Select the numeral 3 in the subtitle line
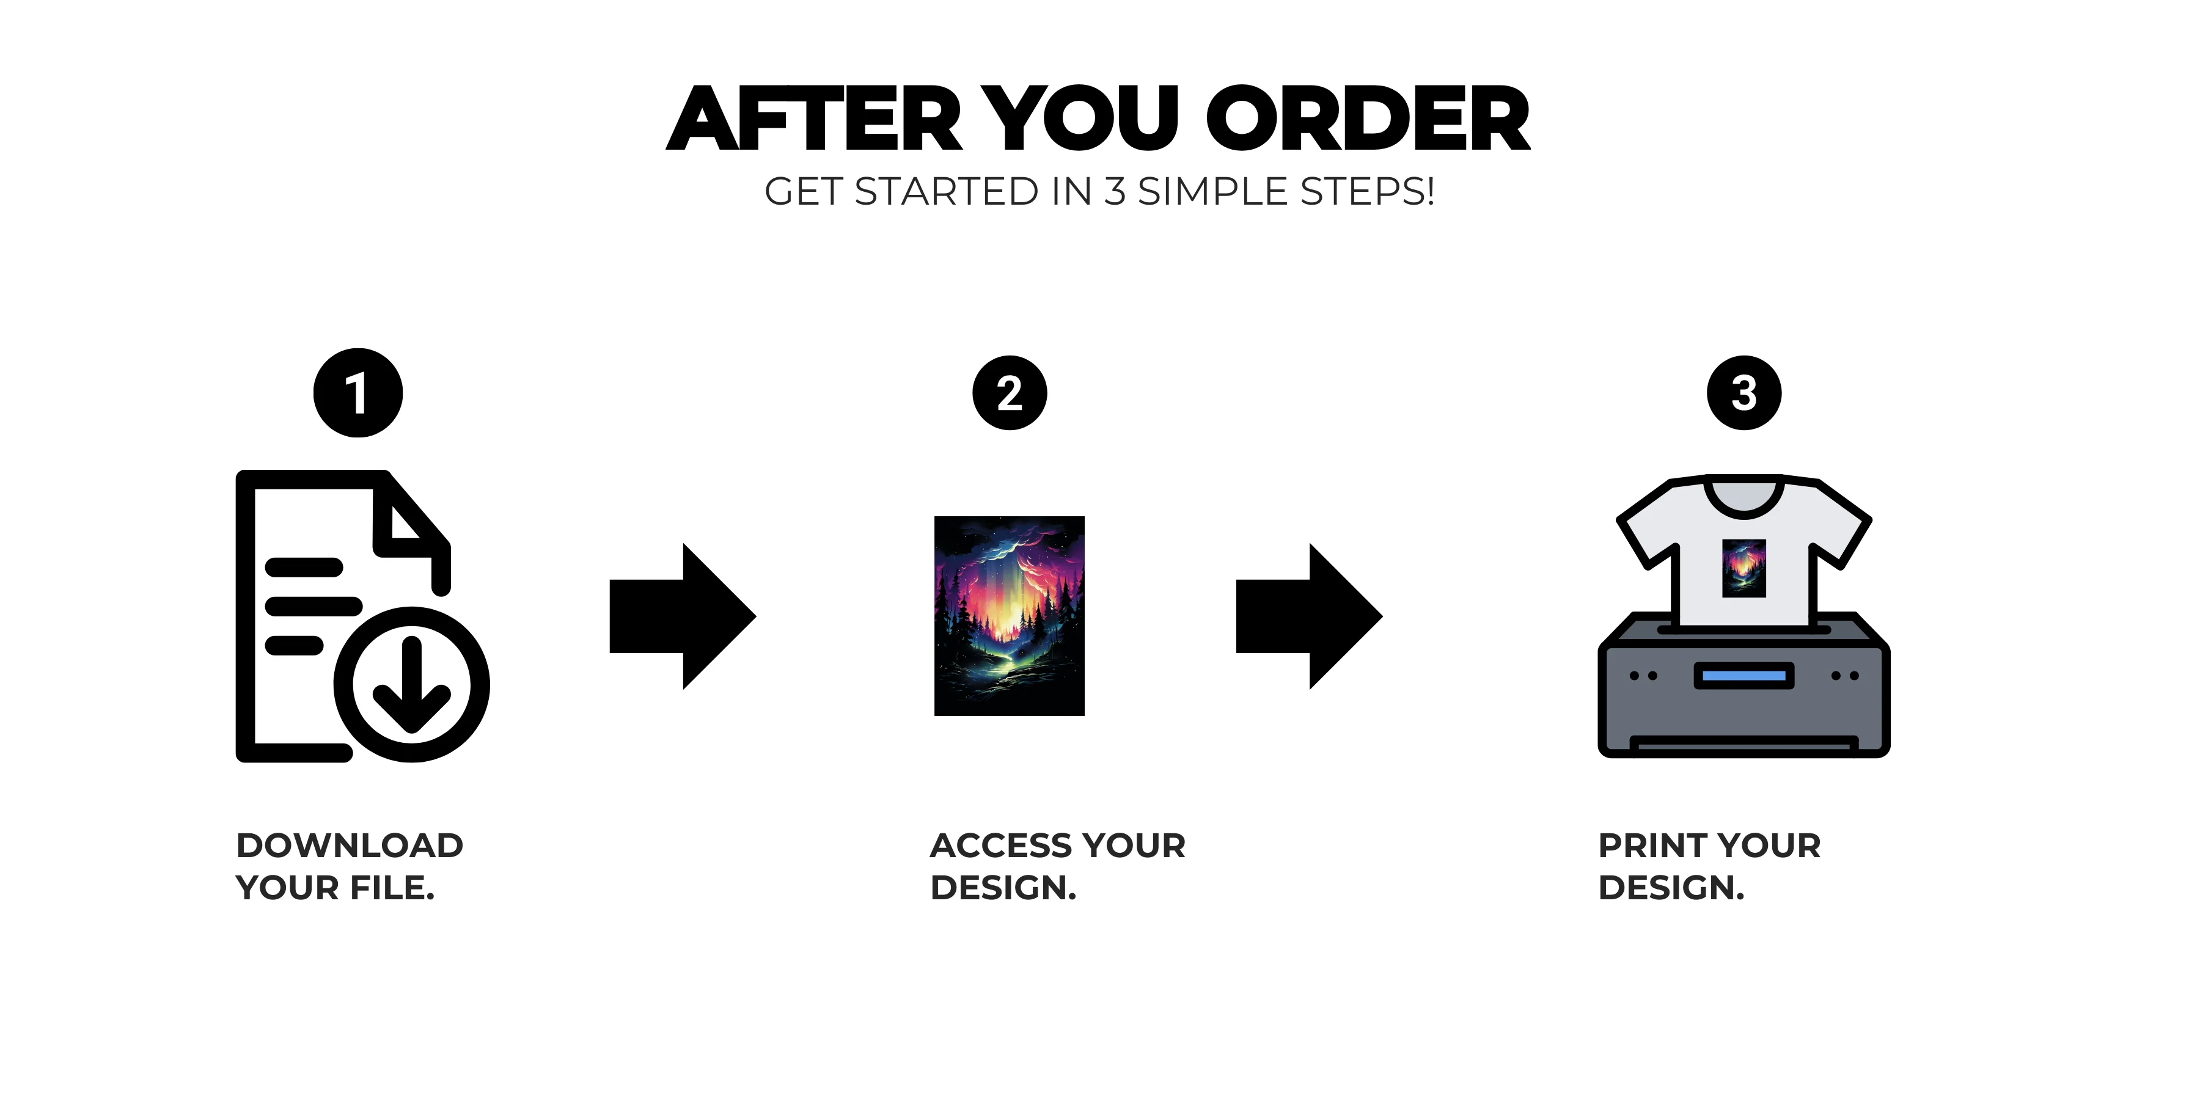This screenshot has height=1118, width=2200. pyautogui.click(x=1115, y=191)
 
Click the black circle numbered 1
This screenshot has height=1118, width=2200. pyautogui.click(x=358, y=393)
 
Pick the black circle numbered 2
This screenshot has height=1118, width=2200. pyautogui.click(x=1010, y=393)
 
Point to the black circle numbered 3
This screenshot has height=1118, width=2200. pyautogui.click(x=1744, y=393)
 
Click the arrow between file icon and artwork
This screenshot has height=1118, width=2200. pyautogui.click(x=683, y=616)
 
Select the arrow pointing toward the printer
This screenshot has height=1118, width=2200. pyautogui.click(x=1309, y=616)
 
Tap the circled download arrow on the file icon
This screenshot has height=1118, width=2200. pyautogui.click(x=412, y=684)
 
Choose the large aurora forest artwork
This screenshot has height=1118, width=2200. pyautogui.click(x=1010, y=616)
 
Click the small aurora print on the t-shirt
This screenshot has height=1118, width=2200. pyautogui.click(x=1744, y=568)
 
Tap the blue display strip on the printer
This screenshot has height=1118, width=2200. pyautogui.click(x=1744, y=676)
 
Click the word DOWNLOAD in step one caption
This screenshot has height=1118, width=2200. pyautogui.click(x=350, y=846)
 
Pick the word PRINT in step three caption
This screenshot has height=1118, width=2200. pyautogui.click(x=1652, y=846)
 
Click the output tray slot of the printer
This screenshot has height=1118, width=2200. pyautogui.click(x=1744, y=745)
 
